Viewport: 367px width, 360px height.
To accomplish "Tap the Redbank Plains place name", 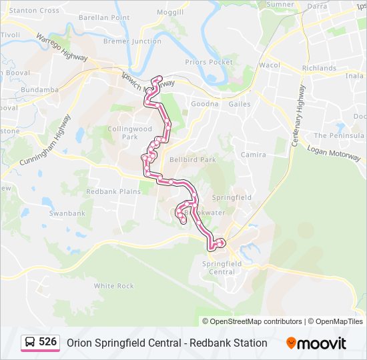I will pyautogui.click(x=113, y=191).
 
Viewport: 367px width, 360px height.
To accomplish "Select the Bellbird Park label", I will pyautogui.click(x=193, y=160).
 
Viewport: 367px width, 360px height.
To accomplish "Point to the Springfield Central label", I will pyautogui.click(x=222, y=267).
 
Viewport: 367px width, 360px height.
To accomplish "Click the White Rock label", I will pyautogui.click(x=113, y=286).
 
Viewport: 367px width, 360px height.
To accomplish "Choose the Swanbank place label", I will pyautogui.click(x=67, y=213).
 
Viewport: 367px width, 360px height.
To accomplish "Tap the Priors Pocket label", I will pyautogui.click(x=209, y=62).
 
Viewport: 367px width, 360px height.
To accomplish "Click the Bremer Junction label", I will pyautogui.click(x=132, y=41).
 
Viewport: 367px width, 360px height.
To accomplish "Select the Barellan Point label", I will pyautogui.click(x=104, y=17).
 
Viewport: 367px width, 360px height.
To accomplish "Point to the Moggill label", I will pyautogui.click(x=170, y=13).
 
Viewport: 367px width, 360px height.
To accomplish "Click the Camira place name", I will pyautogui.click(x=254, y=155).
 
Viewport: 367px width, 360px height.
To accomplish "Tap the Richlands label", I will pyautogui.click(x=319, y=68).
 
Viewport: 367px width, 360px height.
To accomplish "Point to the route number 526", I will pyautogui.click(x=47, y=342).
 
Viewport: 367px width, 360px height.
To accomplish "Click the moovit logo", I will pyautogui.click(x=316, y=343).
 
